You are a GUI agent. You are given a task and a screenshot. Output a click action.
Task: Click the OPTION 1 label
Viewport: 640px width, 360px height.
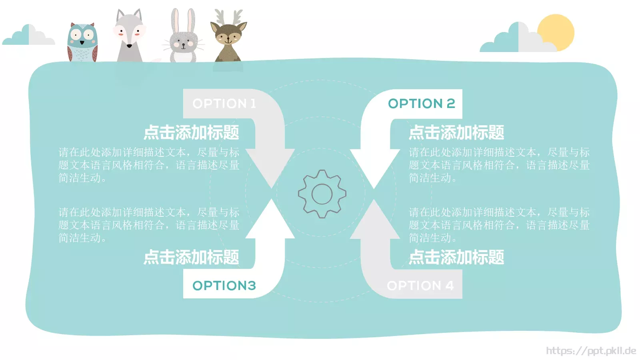(x=224, y=104)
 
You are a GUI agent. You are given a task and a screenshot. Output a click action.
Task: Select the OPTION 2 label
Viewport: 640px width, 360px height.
(x=422, y=104)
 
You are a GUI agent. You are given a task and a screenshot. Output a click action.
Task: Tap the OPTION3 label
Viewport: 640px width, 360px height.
(x=224, y=286)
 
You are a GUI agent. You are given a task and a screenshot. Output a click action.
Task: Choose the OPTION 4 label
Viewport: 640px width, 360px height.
(x=420, y=286)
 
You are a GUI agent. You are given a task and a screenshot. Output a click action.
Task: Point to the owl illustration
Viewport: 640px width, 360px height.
(x=82, y=42)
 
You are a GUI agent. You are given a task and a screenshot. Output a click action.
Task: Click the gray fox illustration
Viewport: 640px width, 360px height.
(x=129, y=36)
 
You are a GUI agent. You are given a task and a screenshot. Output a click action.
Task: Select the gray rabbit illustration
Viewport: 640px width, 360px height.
(x=183, y=36)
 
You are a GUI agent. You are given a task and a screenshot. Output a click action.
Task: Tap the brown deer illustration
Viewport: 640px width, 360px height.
(x=228, y=36)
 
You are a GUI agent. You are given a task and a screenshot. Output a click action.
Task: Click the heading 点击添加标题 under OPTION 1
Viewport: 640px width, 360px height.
(x=191, y=132)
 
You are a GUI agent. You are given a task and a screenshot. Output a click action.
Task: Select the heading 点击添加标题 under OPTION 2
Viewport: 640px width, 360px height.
(x=456, y=132)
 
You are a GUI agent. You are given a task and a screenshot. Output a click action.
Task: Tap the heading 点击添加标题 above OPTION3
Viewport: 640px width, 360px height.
(x=191, y=257)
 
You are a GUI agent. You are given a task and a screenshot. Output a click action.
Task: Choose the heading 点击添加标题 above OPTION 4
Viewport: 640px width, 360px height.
(x=456, y=257)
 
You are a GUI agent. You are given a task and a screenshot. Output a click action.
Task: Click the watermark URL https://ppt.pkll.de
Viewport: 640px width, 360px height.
(x=591, y=350)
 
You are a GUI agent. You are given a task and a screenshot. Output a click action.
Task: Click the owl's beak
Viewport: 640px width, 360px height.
(x=82, y=43)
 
